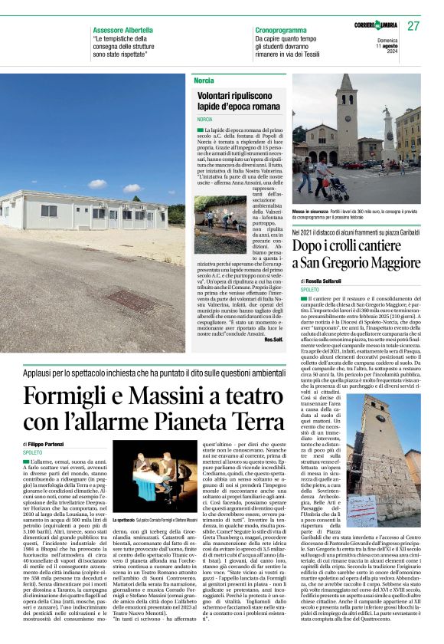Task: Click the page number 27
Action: point(414,26)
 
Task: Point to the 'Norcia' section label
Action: point(204,80)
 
